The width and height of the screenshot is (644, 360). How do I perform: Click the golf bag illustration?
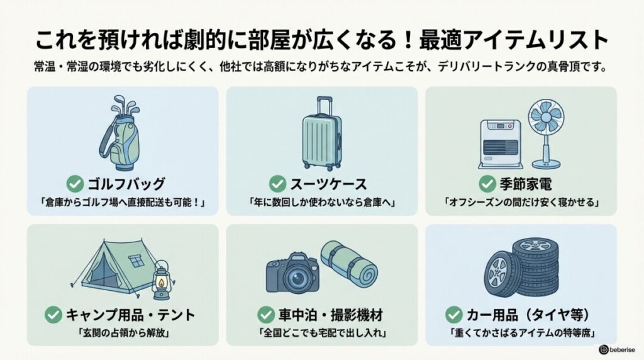122,135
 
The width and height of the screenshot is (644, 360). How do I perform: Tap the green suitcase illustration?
321,138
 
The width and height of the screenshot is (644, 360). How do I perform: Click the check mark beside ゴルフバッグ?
75,184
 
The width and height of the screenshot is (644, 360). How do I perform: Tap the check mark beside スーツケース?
277,184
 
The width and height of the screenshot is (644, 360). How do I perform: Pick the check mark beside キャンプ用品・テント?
54,313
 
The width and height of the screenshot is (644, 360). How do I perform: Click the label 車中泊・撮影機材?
329,313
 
